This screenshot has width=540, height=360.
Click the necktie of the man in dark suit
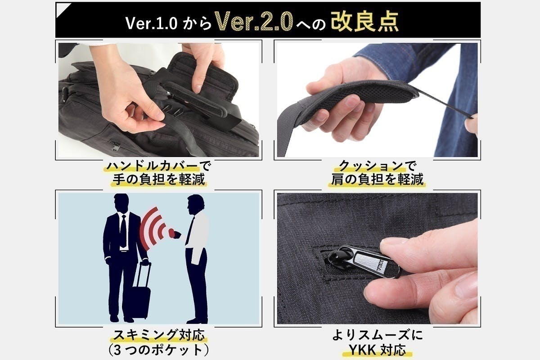123,229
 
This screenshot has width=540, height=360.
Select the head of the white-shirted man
194,205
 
